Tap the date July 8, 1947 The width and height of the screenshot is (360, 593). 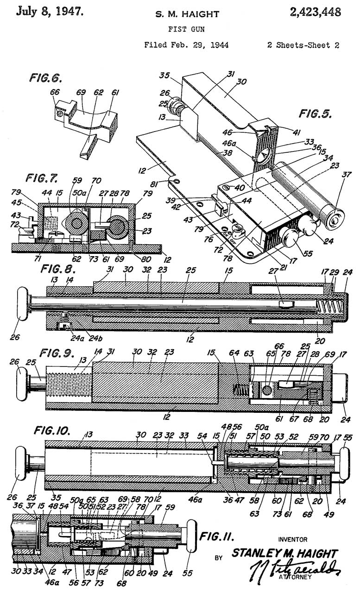[x=50, y=12]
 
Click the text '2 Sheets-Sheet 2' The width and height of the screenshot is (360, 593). [x=303, y=45]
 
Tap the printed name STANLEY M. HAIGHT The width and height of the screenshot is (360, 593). [x=284, y=553]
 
